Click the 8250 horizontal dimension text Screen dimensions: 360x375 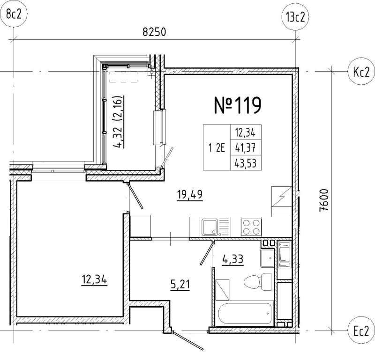[155, 33]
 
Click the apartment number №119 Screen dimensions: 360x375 [237, 106]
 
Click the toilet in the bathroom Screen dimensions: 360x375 [255, 282]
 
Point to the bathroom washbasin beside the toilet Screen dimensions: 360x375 [268, 258]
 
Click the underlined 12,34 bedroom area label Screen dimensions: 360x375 [94, 280]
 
